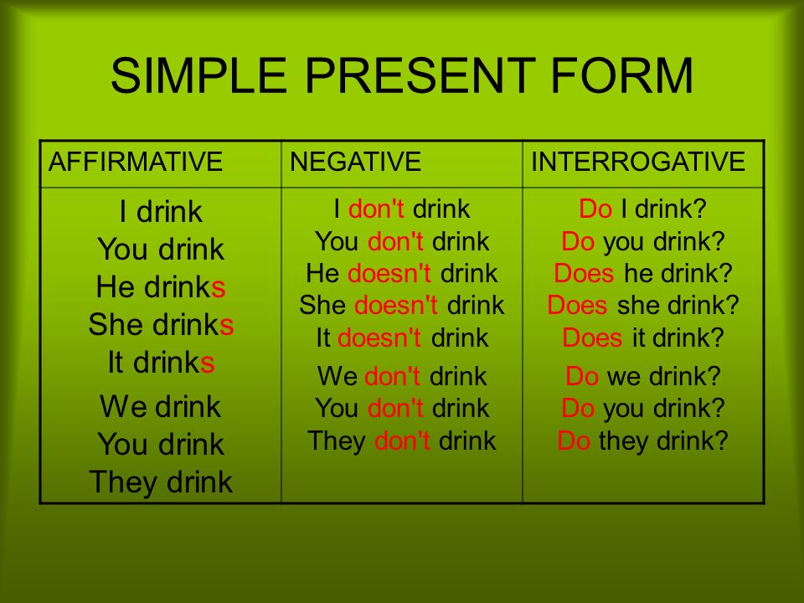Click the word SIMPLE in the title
pyautogui.click(x=199, y=75)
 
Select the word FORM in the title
pyautogui.click(x=622, y=75)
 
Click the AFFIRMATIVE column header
pyautogui.click(x=136, y=162)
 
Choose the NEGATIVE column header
pyautogui.click(x=355, y=162)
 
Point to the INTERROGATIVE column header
pyautogui.click(x=638, y=162)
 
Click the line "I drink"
pyautogui.click(x=161, y=212)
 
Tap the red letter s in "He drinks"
pyautogui.click(x=219, y=287)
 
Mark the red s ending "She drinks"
pyautogui.click(x=227, y=326)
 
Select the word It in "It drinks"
pyautogui.click(x=116, y=363)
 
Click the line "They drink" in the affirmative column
pyautogui.click(x=161, y=482)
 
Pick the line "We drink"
pyautogui.click(x=161, y=407)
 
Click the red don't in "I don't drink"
pyautogui.click(x=376, y=209)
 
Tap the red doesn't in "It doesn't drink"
pyautogui.click(x=379, y=338)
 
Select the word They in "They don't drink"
pyautogui.click(x=337, y=441)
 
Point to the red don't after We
pyautogui.click(x=392, y=376)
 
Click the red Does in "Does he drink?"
pyautogui.click(x=584, y=273)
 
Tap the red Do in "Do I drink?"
pyautogui.click(x=595, y=209)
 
